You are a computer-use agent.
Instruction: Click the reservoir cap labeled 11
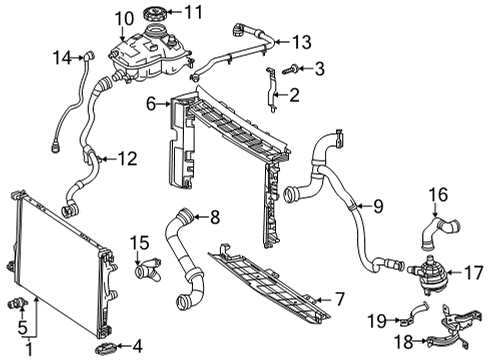155,14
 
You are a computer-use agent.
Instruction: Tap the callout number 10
124,19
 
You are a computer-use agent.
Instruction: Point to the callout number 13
302,42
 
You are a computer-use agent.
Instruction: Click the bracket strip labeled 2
271,90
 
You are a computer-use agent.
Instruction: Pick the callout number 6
151,104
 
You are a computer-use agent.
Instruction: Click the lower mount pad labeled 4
106,348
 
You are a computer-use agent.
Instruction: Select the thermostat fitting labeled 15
148,268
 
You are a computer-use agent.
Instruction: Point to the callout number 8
215,217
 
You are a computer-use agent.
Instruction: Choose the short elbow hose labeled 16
439,232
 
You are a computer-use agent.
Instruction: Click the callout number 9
378,206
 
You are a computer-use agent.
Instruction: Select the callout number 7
339,299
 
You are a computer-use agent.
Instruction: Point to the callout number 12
128,159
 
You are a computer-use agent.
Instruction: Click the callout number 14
62,58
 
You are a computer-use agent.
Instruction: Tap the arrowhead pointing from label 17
448,273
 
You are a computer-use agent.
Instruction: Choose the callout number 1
30,350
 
